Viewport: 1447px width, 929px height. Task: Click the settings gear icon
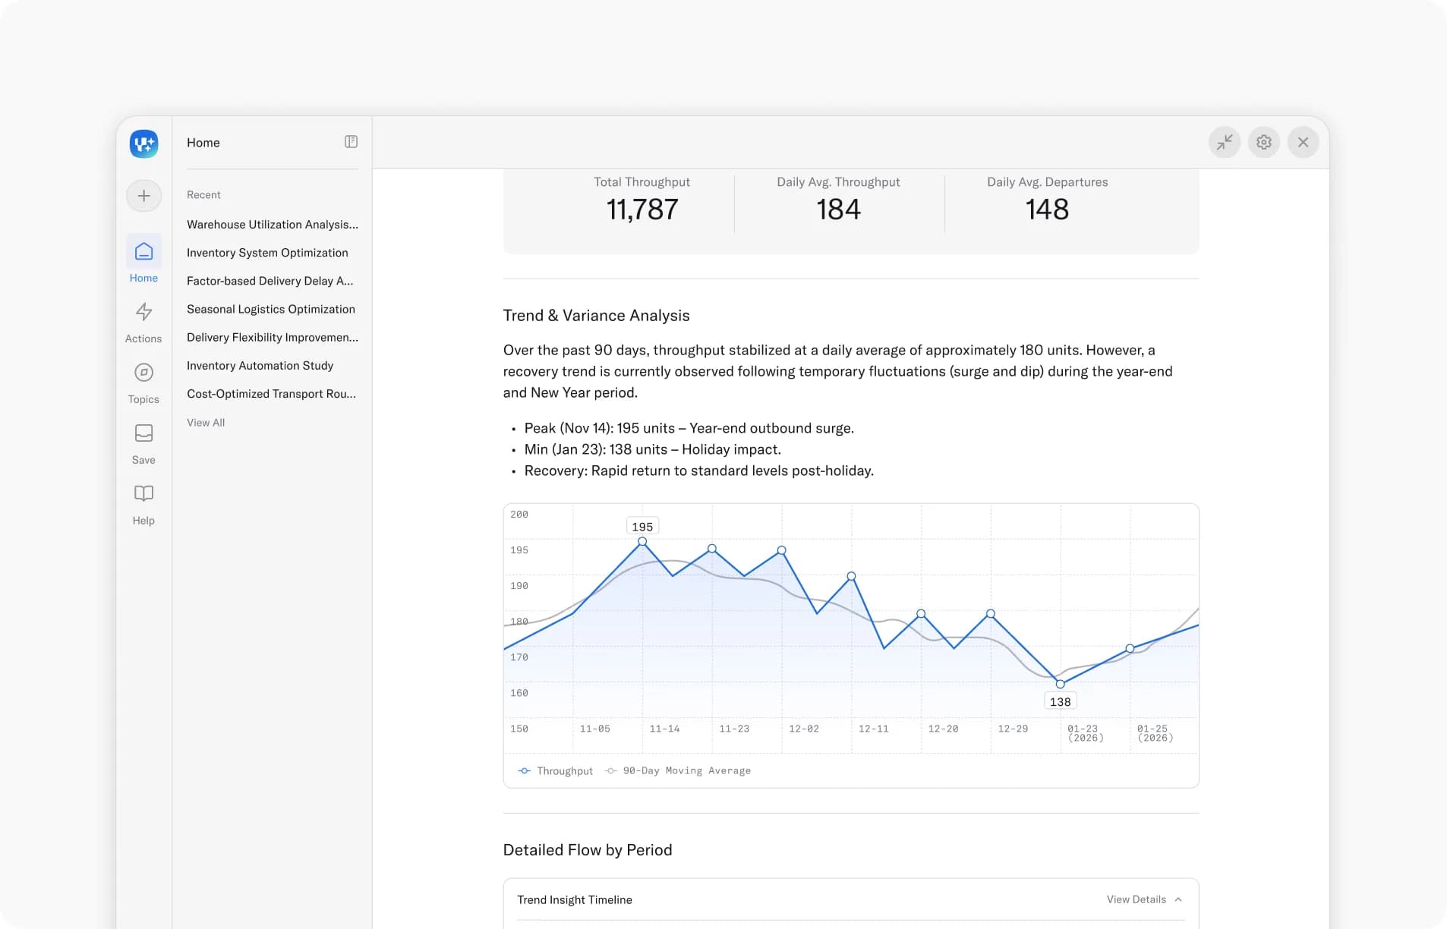1263,142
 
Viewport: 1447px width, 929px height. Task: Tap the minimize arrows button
1225,142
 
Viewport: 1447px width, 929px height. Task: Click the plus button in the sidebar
143,196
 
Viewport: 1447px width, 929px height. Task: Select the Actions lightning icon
143,312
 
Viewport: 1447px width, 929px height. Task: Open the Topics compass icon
143,373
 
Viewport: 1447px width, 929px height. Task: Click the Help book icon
143,493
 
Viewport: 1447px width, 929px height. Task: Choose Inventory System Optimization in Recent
267,253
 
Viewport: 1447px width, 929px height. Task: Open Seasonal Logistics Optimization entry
271,309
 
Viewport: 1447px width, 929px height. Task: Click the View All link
206,423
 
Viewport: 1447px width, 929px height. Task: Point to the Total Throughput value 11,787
642,209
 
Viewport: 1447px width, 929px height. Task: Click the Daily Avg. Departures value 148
1047,209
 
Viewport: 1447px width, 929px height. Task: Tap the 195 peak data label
642,527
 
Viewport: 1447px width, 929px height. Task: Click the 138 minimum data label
1060,702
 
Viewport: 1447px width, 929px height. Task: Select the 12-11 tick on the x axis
873,729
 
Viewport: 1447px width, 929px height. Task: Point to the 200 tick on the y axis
519,515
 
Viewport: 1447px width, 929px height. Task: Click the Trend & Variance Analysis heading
596,316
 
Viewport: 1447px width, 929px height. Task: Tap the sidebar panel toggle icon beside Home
351,142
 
